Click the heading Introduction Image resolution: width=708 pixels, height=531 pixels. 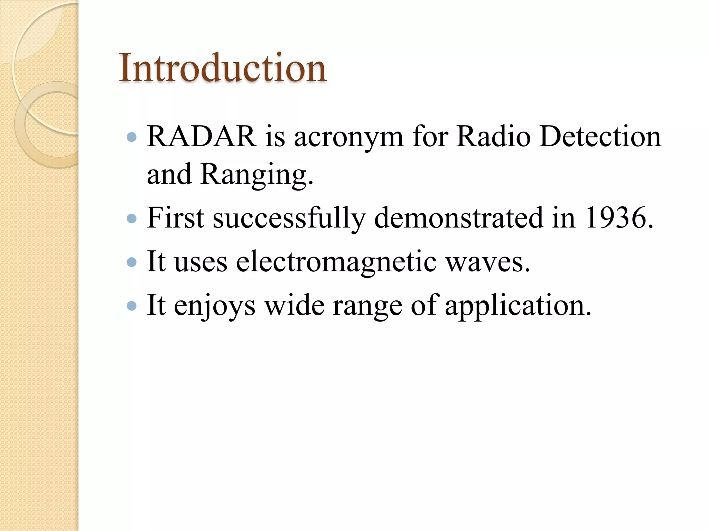pos(223,68)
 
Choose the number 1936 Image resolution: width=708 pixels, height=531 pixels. pos(619,218)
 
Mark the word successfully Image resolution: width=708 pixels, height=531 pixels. pos(289,218)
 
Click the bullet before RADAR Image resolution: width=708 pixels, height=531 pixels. pos(132,138)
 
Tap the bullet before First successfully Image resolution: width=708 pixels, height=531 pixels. pos(132,218)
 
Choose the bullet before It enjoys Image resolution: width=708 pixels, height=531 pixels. pos(132,306)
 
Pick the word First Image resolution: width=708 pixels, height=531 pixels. pos(175,218)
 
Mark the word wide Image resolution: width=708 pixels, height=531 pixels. pos(294,306)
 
